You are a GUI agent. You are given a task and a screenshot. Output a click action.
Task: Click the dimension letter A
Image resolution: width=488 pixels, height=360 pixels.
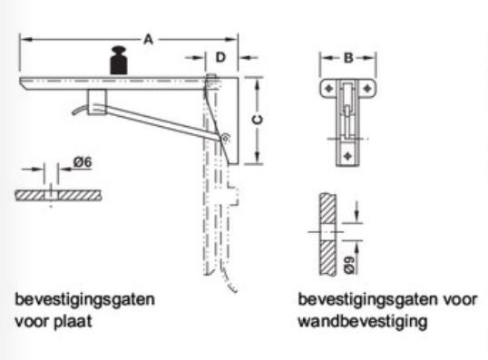(149, 40)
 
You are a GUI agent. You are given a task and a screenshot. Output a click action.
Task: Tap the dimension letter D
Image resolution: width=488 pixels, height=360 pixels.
(220, 57)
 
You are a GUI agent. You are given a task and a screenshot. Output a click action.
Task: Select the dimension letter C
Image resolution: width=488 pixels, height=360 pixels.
(257, 120)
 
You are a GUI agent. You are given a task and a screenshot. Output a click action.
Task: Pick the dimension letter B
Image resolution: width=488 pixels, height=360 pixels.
(348, 58)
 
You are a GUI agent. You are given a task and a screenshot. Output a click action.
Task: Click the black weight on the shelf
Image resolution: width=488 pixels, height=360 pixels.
(119, 61)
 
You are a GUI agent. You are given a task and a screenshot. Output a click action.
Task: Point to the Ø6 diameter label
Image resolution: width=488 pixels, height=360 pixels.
(83, 162)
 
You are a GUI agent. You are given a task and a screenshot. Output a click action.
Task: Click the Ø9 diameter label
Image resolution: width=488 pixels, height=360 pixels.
(350, 265)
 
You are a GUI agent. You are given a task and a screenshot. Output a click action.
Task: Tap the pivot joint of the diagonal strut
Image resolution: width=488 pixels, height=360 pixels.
(224, 138)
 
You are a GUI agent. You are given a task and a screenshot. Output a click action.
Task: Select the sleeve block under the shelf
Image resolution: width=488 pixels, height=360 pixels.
(97, 102)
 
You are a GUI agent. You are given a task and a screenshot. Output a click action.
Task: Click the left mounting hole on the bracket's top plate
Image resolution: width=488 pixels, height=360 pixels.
(329, 89)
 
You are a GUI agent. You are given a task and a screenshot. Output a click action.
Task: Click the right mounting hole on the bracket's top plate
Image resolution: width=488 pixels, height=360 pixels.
(367, 89)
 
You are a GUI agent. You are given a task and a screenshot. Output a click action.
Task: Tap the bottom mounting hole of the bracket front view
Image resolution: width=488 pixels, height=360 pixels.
(348, 156)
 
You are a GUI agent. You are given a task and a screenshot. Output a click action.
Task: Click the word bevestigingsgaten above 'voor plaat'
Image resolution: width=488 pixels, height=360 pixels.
(85, 300)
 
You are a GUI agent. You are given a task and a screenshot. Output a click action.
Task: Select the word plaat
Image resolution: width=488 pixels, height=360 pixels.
(73, 321)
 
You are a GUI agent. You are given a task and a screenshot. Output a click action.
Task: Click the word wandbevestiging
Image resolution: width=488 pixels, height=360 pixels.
(363, 321)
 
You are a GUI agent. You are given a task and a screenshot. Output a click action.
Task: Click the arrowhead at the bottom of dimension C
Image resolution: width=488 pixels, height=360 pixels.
(257, 158)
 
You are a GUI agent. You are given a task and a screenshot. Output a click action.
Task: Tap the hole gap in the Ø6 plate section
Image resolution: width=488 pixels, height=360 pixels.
(52, 195)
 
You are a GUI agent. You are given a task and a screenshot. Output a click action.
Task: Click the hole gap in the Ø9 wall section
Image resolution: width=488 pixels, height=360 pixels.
(327, 232)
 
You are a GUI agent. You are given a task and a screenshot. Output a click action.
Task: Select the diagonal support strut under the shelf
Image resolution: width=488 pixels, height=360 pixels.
(161, 122)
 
